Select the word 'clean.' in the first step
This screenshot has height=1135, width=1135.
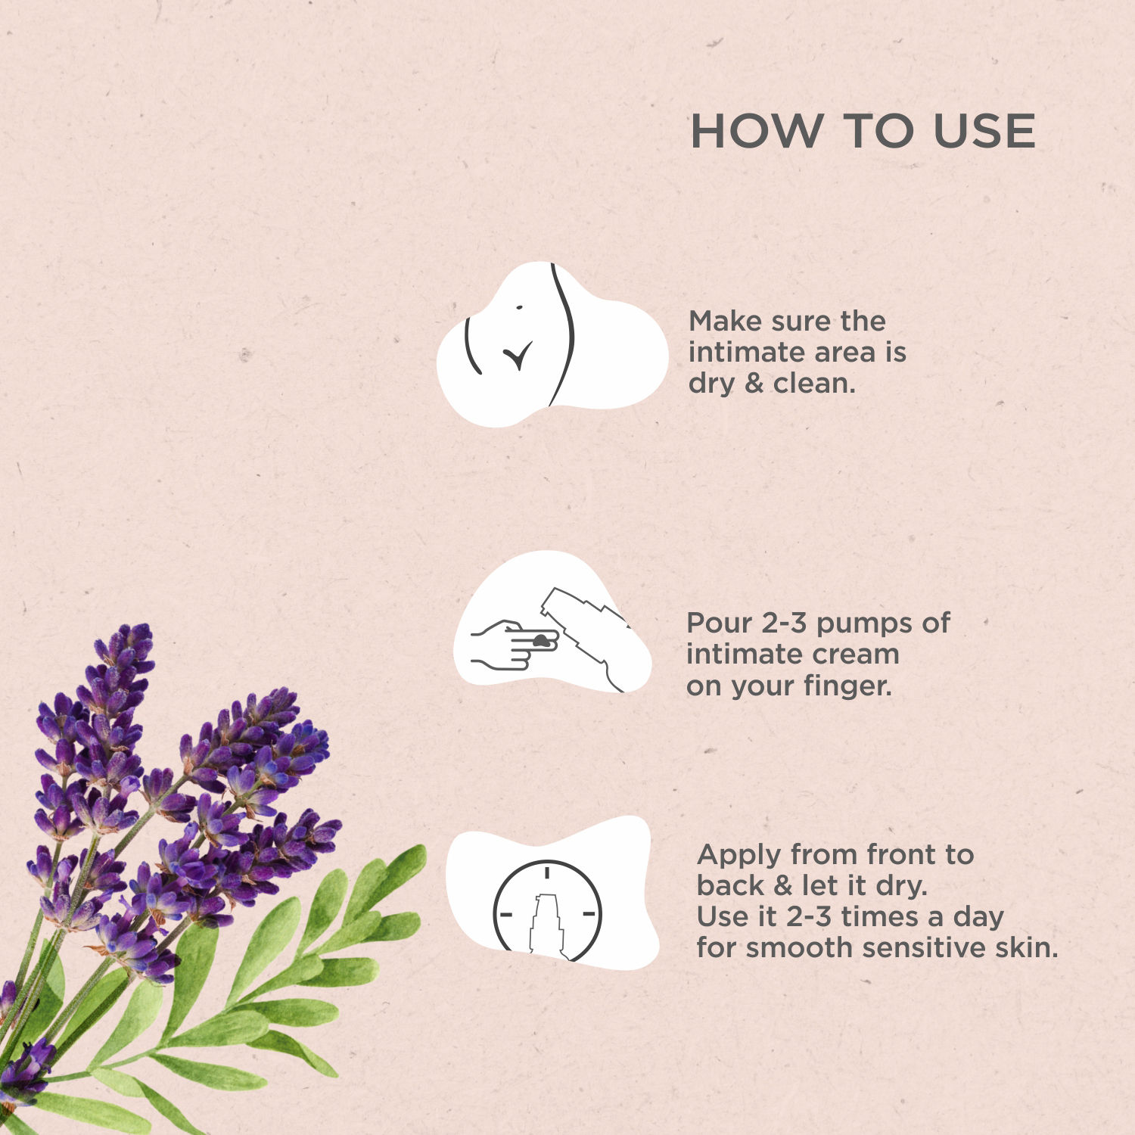(814, 383)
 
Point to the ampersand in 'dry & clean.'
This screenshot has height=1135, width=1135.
(754, 384)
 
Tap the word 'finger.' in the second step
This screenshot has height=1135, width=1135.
(848, 686)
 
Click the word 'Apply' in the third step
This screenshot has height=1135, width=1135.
(740, 856)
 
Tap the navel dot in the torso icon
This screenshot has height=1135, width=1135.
(519, 307)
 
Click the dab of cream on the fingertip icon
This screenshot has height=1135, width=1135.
(540, 641)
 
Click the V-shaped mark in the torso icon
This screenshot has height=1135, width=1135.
(518, 355)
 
